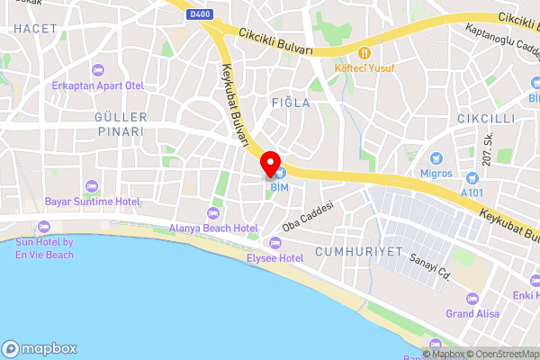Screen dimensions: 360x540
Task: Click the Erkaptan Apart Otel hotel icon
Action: pyautogui.click(x=97, y=70)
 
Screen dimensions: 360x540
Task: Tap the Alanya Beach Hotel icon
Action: pyautogui.click(x=213, y=213)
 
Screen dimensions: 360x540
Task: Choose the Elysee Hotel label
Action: pyautogui.click(x=275, y=257)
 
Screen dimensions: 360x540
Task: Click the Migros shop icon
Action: pyautogui.click(x=436, y=157)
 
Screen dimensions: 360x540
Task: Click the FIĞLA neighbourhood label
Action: pyautogui.click(x=291, y=103)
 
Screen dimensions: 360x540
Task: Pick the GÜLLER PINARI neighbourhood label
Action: pyautogui.click(x=119, y=124)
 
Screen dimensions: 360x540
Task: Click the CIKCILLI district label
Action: pyautogui.click(x=485, y=119)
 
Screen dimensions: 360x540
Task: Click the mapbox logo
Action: pyautogui.click(x=40, y=348)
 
